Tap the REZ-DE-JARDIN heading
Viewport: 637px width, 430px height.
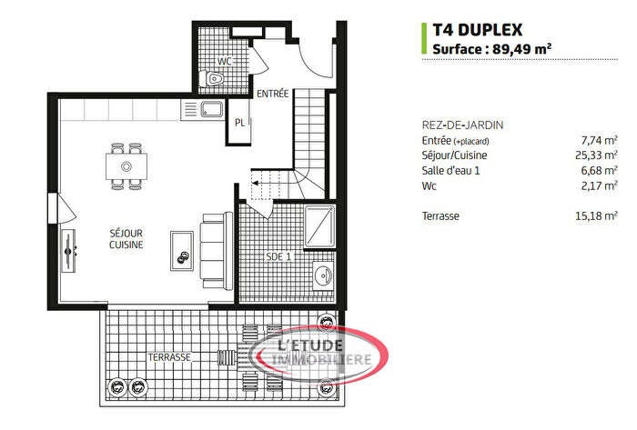point(463,125)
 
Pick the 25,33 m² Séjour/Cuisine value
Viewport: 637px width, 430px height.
point(595,155)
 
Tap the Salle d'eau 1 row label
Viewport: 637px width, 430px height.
point(457,171)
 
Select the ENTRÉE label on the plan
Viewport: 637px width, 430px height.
point(273,94)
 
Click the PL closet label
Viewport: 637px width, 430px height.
point(239,123)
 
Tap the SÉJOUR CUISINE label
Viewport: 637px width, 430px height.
point(125,239)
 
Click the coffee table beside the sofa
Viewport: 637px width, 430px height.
point(181,246)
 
